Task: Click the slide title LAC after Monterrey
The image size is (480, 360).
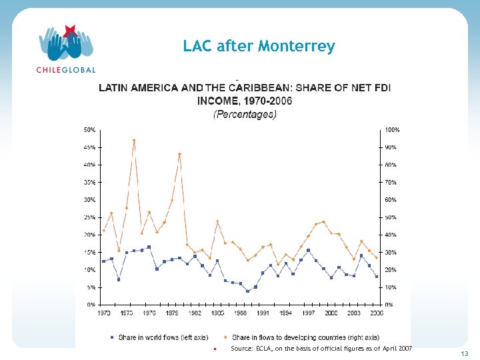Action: pos(259,46)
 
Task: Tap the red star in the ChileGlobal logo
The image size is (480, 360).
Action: pos(70,31)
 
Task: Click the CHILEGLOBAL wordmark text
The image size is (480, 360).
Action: pos(65,69)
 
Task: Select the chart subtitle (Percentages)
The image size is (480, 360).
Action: pos(244,115)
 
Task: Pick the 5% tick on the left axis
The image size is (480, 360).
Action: pos(89,287)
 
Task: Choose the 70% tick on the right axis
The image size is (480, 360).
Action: pos(391,182)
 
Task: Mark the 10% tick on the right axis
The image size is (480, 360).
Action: pos(391,287)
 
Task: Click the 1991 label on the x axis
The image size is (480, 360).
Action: pos(263,312)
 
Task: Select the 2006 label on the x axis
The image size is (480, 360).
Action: pos(377,312)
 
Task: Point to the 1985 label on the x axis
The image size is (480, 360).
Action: pos(217,312)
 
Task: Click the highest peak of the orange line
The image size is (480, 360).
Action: pos(134,141)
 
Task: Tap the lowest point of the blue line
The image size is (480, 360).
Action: pos(247,291)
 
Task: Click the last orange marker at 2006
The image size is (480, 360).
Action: pos(377,258)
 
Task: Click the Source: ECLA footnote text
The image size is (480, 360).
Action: pos(321,349)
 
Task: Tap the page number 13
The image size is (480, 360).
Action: pos(464,353)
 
